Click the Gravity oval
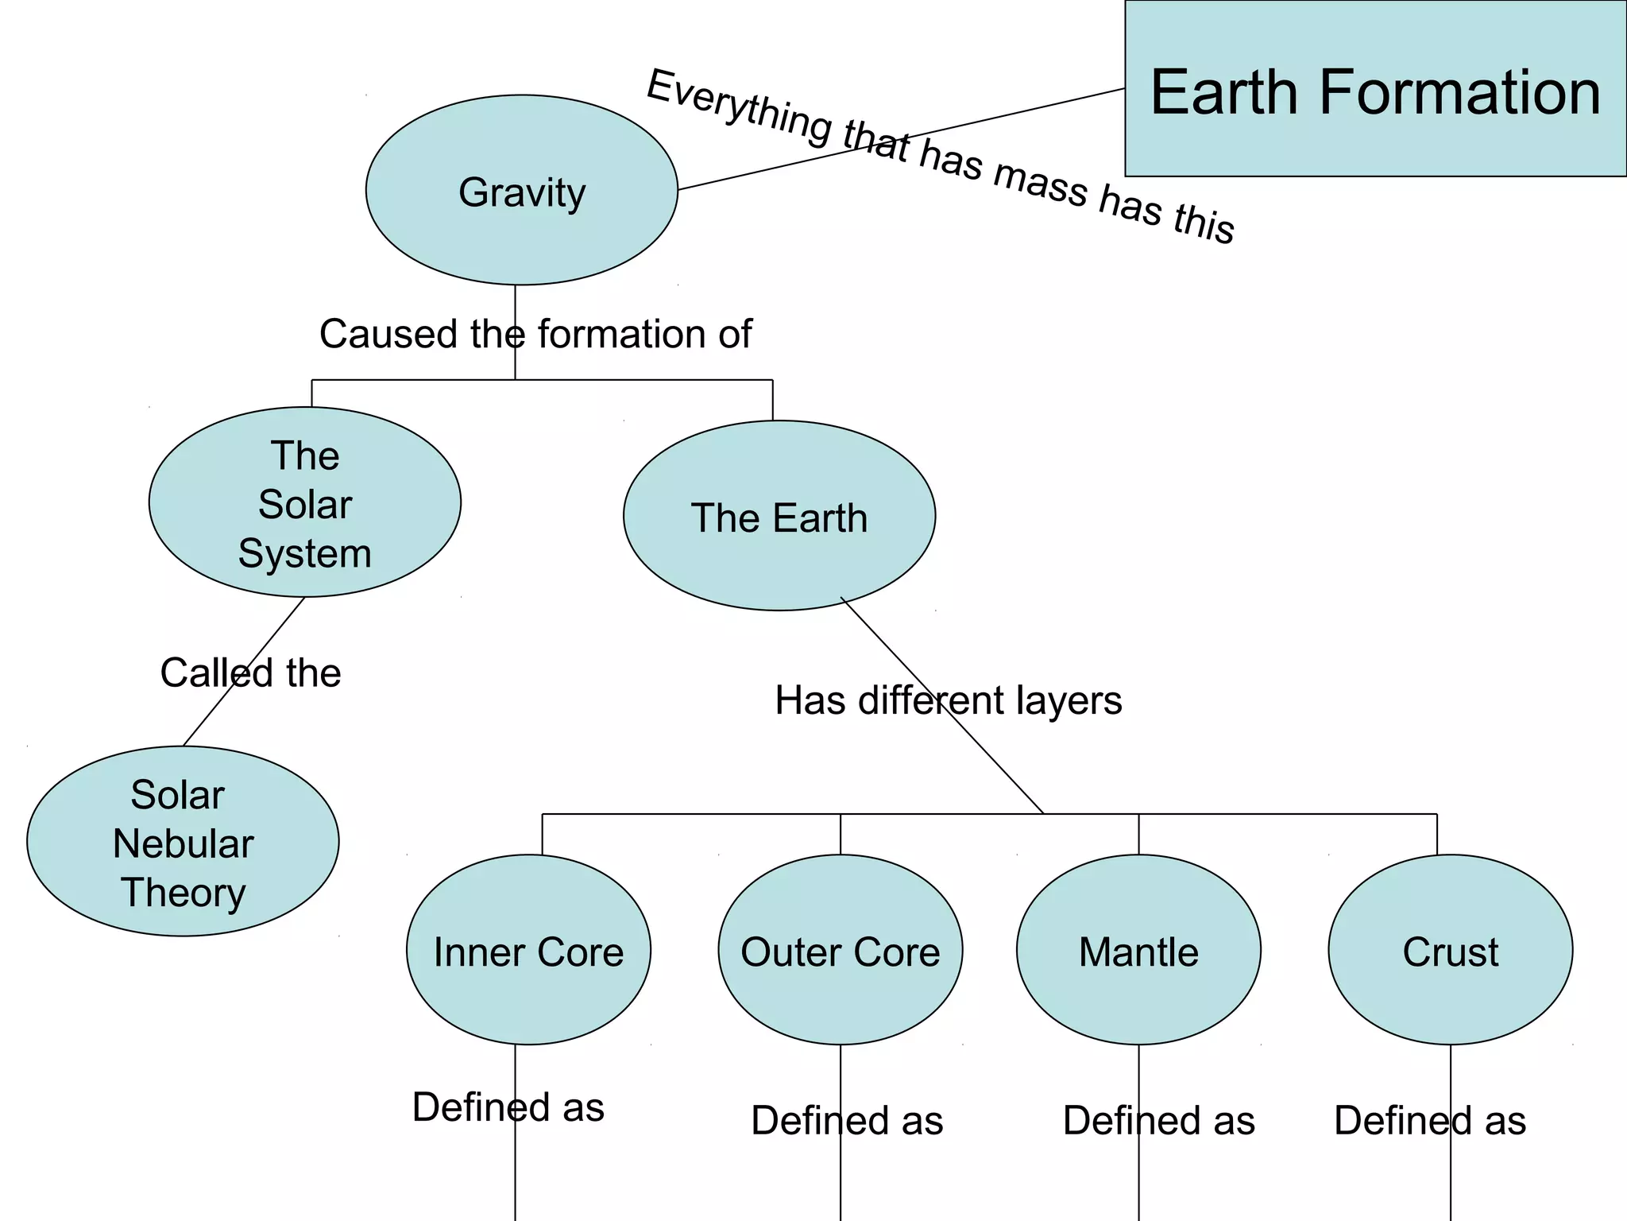pyautogui.click(x=521, y=191)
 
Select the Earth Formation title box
pyautogui.click(x=1375, y=89)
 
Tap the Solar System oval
pyautogui.click(x=305, y=503)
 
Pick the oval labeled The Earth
pyautogui.click(x=779, y=517)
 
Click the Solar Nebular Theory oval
pyautogui.click(x=183, y=842)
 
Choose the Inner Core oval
pyautogui.click(x=528, y=951)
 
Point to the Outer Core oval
pyautogui.click(x=840, y=951)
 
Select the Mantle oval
pyautogui.click(x=1138, y=951)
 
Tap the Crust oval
pyautogui.click(x=1450, y=951)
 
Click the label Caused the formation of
pyautogui.click(x=535, y=334)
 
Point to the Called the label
pyautogui.click(x=250, y=673)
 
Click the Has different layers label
pyautogui.click(x=948, y=700)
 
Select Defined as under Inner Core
pyautogui.click(x=508, y=1107)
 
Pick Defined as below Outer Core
pyautogui.click(x=847, y=1120)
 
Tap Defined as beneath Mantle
pyautogui.click(x=1158, y=1120)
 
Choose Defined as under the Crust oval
pyautogui.click(x=1430, y=1120)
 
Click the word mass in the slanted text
pyautogui.click(x=1041, y=188)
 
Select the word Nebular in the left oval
pyautogui.click(x=183, y=843)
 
